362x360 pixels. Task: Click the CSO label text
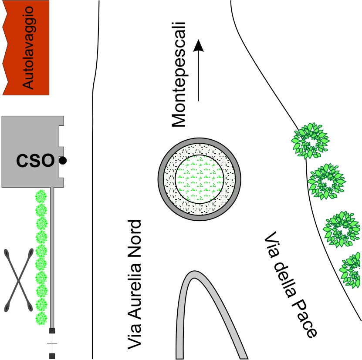pos(34,161)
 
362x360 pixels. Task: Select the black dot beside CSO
pos(63,161)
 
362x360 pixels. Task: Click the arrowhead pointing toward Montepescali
pos(199,45)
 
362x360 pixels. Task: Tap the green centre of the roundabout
pos(200,178)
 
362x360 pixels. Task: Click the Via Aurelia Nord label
pos(135,285)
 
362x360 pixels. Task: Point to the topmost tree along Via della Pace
pos(311,141)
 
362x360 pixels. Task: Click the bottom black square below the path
pos(52,356)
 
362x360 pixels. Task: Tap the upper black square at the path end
pos(52,330)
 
